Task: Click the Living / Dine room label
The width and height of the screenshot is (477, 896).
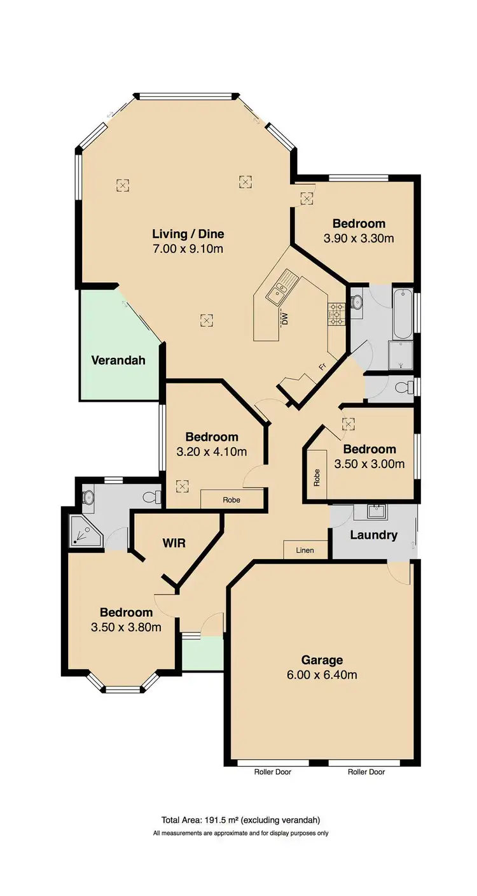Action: pyautogui.click(x=188, y=234)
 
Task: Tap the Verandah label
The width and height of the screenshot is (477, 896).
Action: pyautogui.click(x=118, y=360)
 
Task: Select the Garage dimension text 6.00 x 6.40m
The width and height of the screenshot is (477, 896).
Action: pyautogui.click(x=322, y=674)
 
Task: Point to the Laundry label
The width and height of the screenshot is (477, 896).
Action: pyautogui.click(x=373, y=535)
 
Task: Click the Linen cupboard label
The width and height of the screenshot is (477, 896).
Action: pyautogui.click(x=305, y=550)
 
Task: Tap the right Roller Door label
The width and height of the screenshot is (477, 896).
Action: pyautogui.click(x=366, y=772)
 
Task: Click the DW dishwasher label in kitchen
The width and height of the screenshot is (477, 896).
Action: pyautogui.click(x=286, y=316)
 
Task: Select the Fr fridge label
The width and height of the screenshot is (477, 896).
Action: pyautogui.click(x=323, y=367)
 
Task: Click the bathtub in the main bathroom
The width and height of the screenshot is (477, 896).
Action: pyautogui.click(x=402, y=315)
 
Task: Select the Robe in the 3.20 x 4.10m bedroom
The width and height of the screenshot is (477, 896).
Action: pyautogui.click(x=232, y=500)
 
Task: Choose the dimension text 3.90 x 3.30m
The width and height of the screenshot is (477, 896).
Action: pyautogui.click(x=359, y=238)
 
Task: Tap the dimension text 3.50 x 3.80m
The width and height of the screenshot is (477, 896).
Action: pyautogui.click(x=126, y=627)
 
